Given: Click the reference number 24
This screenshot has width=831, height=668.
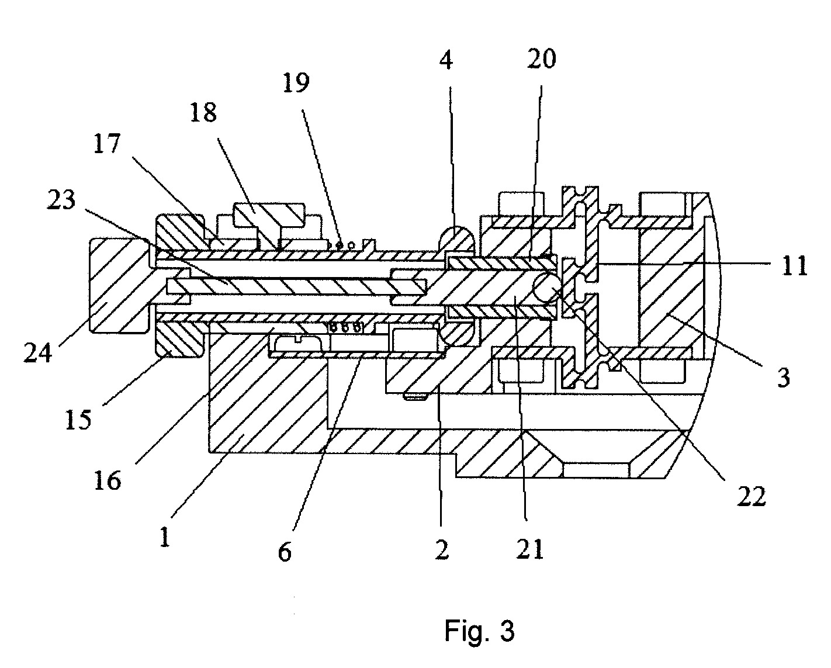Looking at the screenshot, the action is click(x=37, y=352).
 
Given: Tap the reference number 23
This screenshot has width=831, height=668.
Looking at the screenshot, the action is click(x=61, y=200).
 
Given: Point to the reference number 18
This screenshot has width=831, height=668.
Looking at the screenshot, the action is click(x=203, y=112).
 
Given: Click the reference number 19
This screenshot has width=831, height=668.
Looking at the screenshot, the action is click(x=296, y=82).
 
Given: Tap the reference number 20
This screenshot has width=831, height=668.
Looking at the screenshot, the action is click(x=542, y=58).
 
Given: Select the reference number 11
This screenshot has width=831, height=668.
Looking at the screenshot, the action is click(x=794, y=266).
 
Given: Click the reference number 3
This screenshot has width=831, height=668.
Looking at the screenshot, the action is click(x=783, y=377).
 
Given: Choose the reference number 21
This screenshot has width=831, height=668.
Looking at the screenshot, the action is click(x=530, y=549).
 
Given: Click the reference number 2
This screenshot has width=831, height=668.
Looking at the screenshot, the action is click(x=442, y=549).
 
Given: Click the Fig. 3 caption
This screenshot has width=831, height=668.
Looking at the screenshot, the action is click(x=480, y=630).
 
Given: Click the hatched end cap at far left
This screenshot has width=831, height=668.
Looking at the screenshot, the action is click(x=119, y=285).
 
